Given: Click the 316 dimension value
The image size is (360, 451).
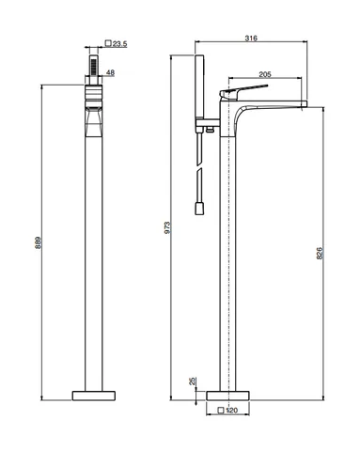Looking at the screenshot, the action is point(251,38).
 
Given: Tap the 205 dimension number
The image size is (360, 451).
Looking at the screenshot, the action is point(265,74).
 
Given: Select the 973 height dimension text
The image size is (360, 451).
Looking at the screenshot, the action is point(167,227).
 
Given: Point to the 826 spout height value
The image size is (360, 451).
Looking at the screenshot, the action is point(320,253).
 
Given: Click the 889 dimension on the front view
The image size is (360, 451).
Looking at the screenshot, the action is point(38,242).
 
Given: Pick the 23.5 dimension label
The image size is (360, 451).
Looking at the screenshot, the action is point(119,44).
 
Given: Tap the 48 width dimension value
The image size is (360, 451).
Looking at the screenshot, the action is point(110,72).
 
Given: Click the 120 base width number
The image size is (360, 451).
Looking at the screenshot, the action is point(232,410).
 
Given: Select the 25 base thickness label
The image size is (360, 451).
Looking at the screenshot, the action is point(192,381).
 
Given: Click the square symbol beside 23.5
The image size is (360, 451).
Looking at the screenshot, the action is point(108,43).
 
